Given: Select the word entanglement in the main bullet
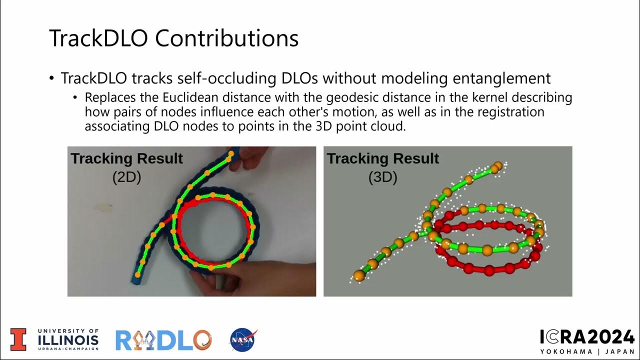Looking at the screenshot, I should point(501,78).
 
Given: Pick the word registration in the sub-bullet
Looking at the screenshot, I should point(512,112).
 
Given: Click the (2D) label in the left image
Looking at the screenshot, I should point(126,177).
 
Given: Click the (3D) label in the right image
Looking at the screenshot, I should point(382,177).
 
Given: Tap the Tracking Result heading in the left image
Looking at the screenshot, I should point(126,159).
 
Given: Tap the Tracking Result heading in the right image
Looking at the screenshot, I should point(382,159).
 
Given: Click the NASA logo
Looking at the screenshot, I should point(243,339).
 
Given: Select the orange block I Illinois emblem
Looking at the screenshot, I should point(18,339).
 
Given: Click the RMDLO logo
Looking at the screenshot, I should point(163,340).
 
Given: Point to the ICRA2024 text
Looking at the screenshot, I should point(587,337).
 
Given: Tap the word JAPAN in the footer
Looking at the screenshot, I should point(618,351).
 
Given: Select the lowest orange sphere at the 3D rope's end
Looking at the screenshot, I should point(358,275).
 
